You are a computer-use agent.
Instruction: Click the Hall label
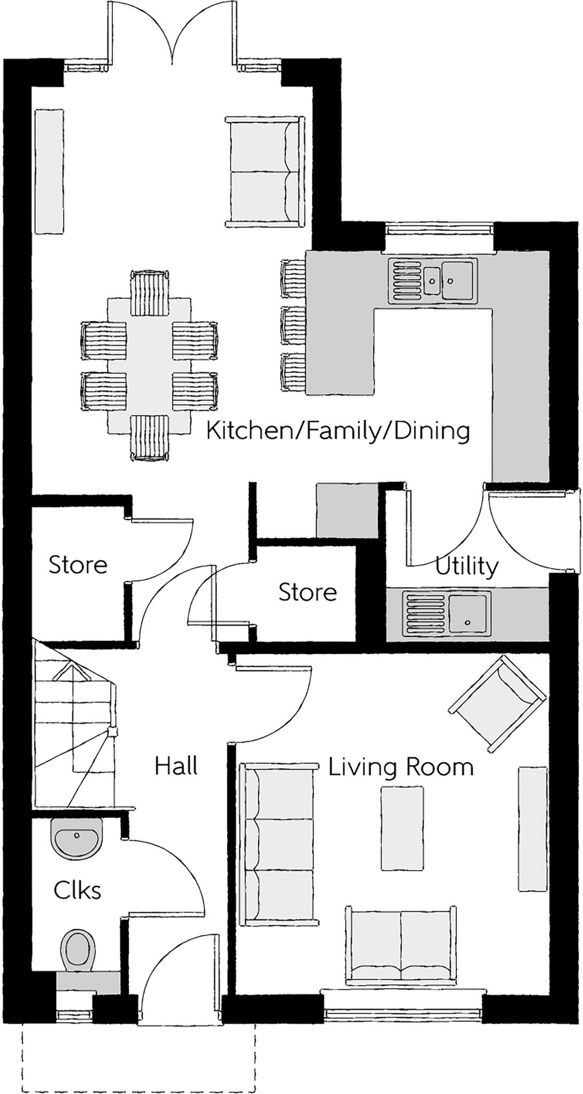click(176, 766)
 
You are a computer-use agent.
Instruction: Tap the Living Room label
click(400, 767)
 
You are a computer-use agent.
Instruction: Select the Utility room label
click(467, 566)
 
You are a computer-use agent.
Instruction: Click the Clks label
click(77, 890)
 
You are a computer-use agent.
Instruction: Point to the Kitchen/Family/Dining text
click(338, 431)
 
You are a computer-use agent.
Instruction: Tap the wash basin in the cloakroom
click(76, 839)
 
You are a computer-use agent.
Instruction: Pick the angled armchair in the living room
click(498, 704)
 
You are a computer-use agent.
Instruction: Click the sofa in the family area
click(265, 171)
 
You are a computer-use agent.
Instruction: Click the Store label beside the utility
click(307, 592)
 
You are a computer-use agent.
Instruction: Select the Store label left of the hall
click(78, 565)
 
